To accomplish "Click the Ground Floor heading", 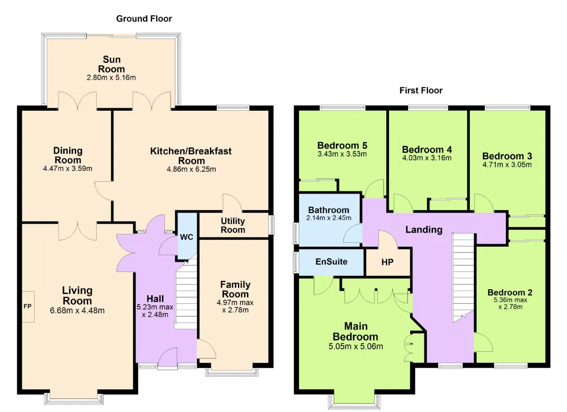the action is pos(144,19).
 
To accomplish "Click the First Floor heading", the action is pos(421,90).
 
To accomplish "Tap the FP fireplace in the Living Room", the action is pos(28,307).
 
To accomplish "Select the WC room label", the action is pos(186,237).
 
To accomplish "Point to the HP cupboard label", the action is pos(387,262).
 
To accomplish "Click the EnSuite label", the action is pos(331,261).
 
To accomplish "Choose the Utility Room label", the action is pos(233,225).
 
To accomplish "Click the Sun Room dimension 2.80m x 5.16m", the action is pos(111,78).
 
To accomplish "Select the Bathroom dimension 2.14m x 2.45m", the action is pos(329,218).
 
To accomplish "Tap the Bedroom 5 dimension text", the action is pos(342,154).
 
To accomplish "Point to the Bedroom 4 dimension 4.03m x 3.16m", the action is pos(427,158).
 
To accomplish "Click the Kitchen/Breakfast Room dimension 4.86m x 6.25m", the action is pos(191,169).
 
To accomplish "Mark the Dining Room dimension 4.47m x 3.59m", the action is pos(68,168).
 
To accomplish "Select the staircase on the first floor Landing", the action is pos(463,278).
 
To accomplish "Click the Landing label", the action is pos(424,229).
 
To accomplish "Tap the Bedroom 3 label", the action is pos(507,156).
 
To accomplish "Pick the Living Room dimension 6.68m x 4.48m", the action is pos(77,311).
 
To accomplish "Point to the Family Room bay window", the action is pos(232,372).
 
